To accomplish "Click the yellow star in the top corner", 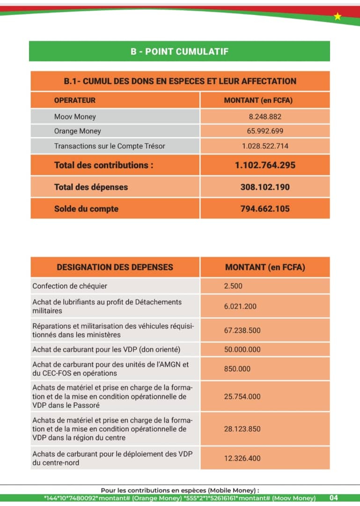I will coord(338,17).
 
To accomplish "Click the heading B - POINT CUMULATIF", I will coord(179,52).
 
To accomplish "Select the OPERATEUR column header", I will coord(75,100).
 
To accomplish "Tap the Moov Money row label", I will coord(75,117).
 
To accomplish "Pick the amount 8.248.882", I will coord(265,117).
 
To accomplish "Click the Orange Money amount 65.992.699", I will coord(265,131).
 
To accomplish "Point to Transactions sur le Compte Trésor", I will coord(110,146).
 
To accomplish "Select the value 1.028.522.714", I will coord(265,146).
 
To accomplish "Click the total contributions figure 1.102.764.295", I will coord(265,165).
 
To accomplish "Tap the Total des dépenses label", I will coord(91,187).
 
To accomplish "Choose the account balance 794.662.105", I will coord(265,209).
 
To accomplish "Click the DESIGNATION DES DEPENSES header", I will coord(115,267).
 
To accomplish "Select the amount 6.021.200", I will coord(240,306).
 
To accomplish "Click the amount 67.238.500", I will coord(242,330).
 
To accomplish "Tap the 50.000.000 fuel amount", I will coord(242,350).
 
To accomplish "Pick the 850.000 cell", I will coord(237,369).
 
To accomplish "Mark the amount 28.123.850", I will coord(242,429).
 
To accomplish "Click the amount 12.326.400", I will coord(242,458).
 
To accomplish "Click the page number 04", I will coord(333,498).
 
